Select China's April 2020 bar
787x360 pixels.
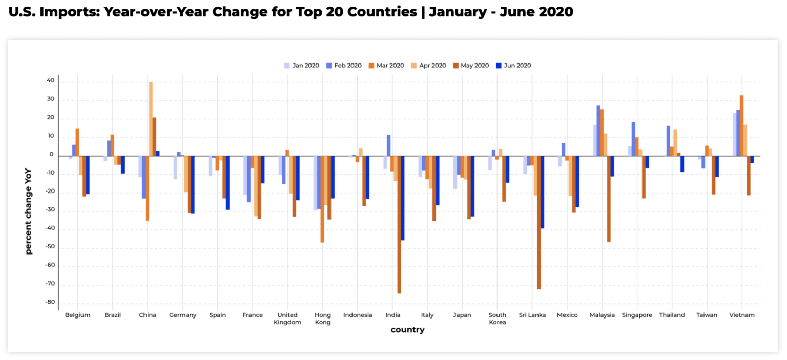(151, 119)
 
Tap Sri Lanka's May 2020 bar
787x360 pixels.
(539, 222)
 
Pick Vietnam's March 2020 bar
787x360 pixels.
(741, 125)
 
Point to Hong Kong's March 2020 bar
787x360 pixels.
(322, 199)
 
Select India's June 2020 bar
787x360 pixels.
(403, 198)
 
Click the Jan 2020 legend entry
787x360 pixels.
(302, 66)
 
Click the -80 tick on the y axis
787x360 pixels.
(50, 302)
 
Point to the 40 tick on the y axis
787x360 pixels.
(50, 81)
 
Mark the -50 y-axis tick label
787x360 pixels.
(50, 247)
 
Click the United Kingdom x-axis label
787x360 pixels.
(287, 319)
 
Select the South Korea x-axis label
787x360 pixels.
(498, 319)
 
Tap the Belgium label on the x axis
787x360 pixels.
(77, 315)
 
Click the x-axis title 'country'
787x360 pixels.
(407, 330)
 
